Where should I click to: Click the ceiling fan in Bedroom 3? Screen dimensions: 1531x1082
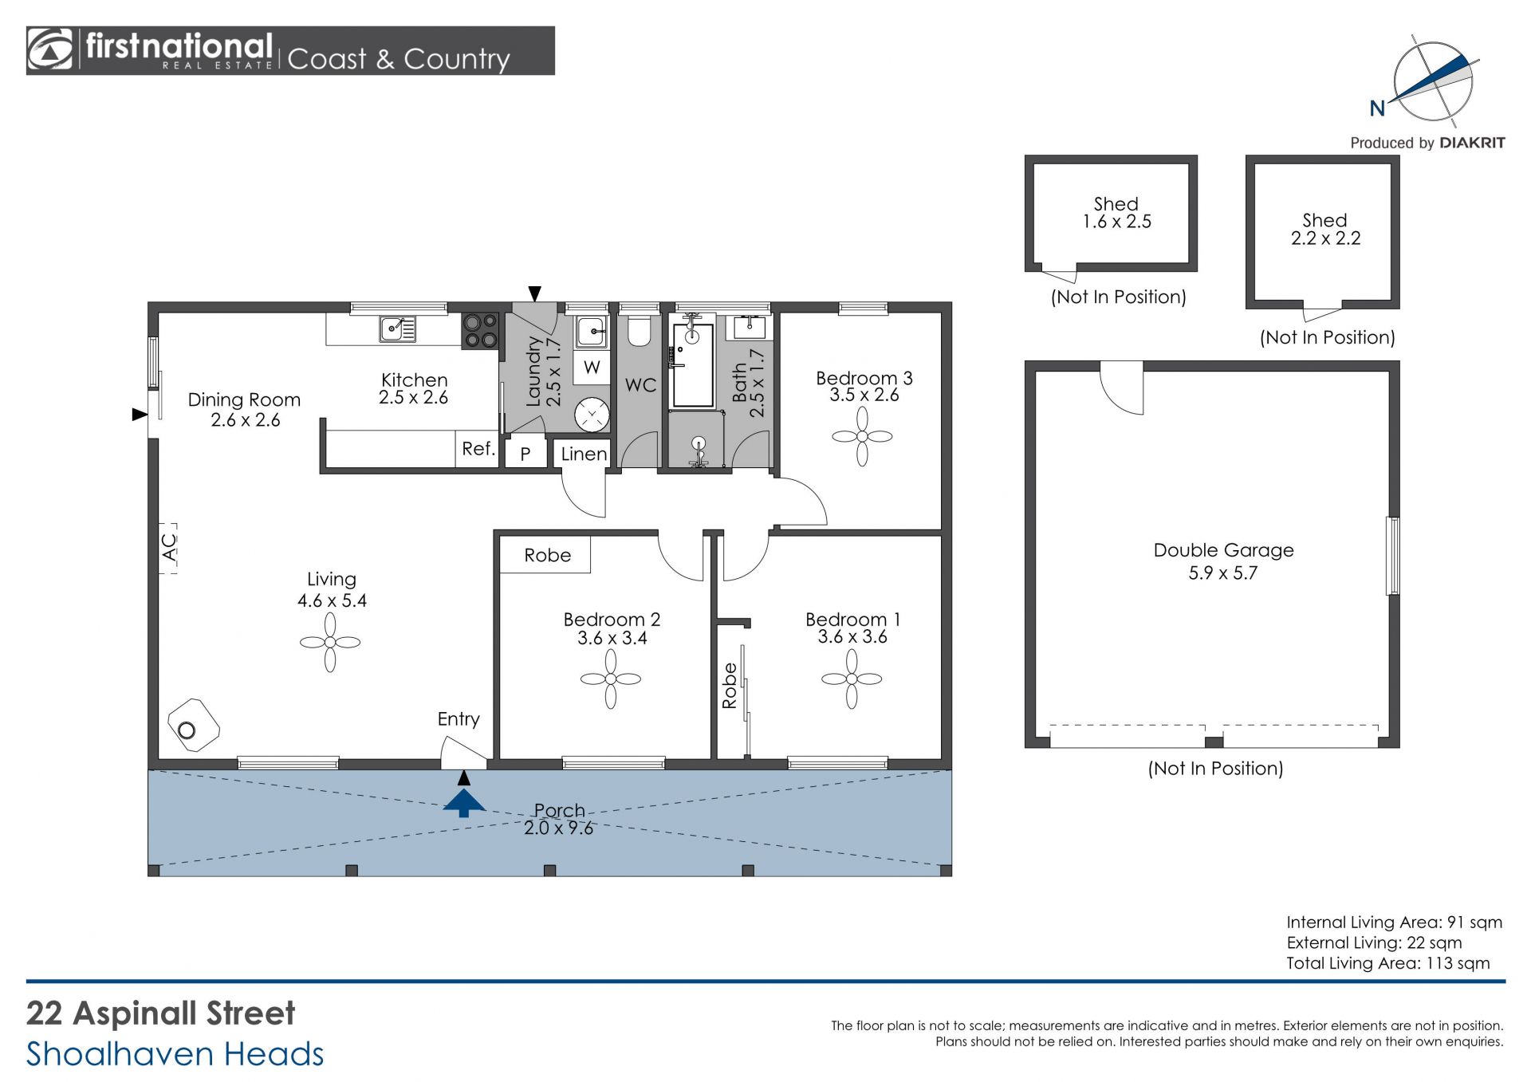862,436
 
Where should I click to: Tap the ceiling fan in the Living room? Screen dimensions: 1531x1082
330,642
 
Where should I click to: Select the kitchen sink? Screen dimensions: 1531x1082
397,329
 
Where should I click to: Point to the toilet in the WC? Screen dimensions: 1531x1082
639,331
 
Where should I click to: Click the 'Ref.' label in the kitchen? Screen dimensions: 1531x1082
478,449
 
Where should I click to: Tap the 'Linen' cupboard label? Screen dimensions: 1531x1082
584,454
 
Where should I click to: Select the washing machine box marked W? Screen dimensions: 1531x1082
592,367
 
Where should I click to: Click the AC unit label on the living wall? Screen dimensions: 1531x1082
169,548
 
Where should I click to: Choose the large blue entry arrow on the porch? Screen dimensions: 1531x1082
464,802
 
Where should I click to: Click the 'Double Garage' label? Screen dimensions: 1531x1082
1223,550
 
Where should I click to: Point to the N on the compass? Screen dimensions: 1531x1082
1377,108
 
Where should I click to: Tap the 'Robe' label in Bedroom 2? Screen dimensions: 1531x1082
547,555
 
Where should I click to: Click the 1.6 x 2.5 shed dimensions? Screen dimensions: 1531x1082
1116,222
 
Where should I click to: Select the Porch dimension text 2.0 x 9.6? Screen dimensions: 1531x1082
558,828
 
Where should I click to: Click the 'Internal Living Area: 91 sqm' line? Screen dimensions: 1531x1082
1394,923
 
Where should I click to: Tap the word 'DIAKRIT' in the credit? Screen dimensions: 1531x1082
1472,143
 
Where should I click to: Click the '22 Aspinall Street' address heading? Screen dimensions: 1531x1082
161,1013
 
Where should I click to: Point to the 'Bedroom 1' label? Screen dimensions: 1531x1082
852,620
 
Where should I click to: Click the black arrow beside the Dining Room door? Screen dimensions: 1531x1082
140,414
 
